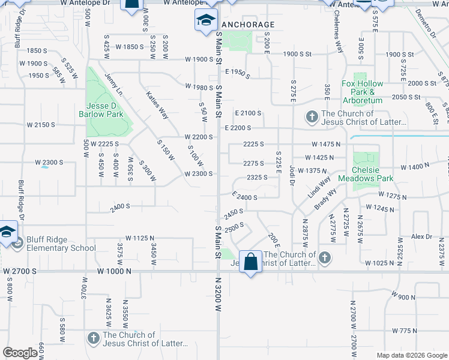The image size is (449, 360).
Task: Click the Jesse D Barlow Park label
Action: [100, 110]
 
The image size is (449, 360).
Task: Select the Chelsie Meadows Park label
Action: [365, 174]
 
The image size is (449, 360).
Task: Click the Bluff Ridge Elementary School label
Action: [61, 244]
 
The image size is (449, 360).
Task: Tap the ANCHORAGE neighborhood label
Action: [248, 25]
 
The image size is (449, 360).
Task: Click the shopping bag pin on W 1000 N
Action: [251, 262]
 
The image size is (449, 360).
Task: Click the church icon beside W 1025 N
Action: [324, 256]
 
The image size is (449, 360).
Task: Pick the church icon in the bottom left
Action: [93, 338]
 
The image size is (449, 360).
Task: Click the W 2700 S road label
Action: [20, 271]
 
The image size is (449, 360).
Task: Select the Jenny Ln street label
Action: [113, 84]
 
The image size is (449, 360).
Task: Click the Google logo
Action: [20, 353]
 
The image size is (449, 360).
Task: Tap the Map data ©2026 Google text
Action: [411, 355]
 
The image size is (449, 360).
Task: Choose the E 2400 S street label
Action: [245, 196]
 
